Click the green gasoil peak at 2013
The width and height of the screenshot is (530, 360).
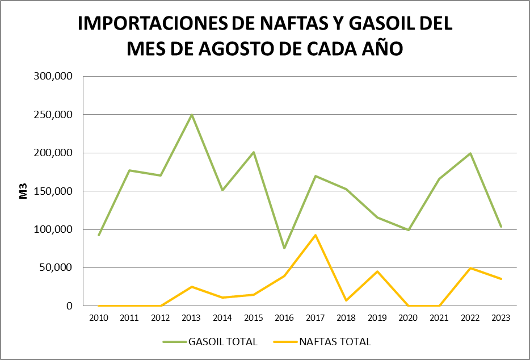coord(192,115)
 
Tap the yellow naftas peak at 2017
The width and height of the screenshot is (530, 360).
coord(316,235)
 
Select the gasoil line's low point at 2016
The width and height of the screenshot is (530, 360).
coord(284,248)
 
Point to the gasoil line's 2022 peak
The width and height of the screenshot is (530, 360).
coord(470,153)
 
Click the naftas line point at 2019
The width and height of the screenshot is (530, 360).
coord(377,271)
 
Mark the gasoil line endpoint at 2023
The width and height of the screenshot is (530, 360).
coord(501,227)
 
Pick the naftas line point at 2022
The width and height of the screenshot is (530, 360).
coord(470,268)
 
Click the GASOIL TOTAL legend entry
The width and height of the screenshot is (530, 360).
coord(210,342)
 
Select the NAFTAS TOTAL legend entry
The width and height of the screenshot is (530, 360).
coord(322,342)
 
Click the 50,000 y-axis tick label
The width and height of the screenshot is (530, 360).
coord(58,268)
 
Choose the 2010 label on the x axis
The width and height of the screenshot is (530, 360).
coord(99,317)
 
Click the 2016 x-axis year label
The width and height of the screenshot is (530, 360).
coord(284,317)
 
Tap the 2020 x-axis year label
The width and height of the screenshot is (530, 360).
coord(408,317)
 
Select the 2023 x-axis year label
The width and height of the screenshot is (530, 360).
coord(501,317)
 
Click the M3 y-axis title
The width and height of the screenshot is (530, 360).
coord(24,191)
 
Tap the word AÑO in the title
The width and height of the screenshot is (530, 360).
coord(382,49)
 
